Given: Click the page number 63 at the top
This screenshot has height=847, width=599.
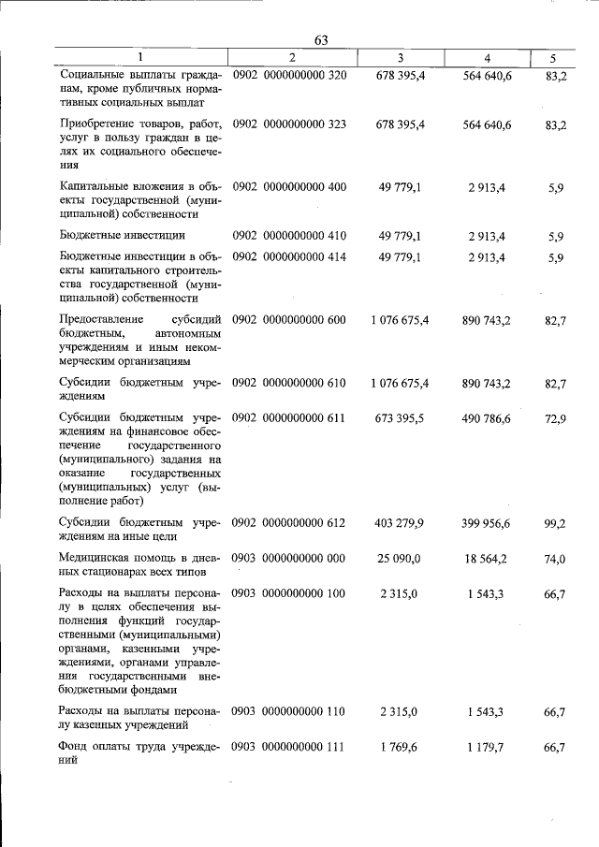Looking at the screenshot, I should point(321,39).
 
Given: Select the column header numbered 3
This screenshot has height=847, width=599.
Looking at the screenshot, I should point(400,58).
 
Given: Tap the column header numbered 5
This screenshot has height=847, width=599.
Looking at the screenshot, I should point(553,58).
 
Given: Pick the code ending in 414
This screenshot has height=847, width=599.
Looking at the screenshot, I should point(289,256).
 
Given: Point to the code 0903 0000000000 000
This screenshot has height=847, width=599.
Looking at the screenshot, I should point(289,559).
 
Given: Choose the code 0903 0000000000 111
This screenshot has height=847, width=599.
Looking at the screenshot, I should point(289,746).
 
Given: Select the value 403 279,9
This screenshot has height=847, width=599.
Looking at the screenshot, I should point(400,523).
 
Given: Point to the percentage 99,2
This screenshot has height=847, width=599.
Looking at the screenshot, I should point(554,523).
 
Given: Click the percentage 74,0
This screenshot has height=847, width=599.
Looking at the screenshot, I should point(554,559).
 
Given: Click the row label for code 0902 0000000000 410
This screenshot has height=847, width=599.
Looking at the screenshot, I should point(123,235).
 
